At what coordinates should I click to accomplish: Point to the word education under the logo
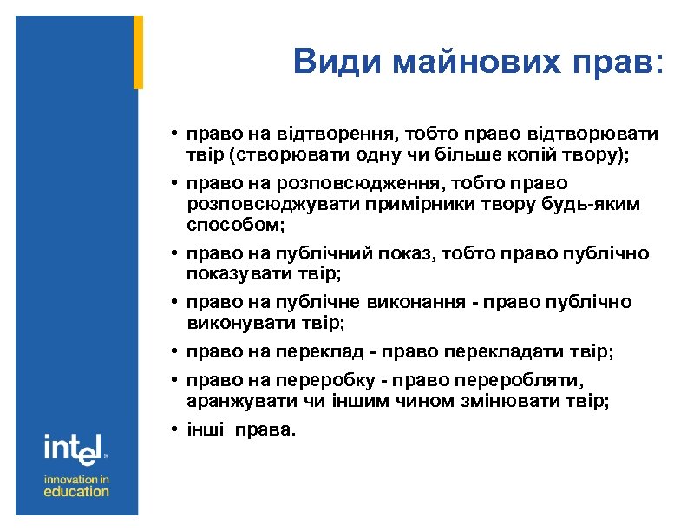click(77, 491)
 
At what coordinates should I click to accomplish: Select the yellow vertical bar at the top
click(138, 52)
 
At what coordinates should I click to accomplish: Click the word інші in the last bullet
click(202, 430)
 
